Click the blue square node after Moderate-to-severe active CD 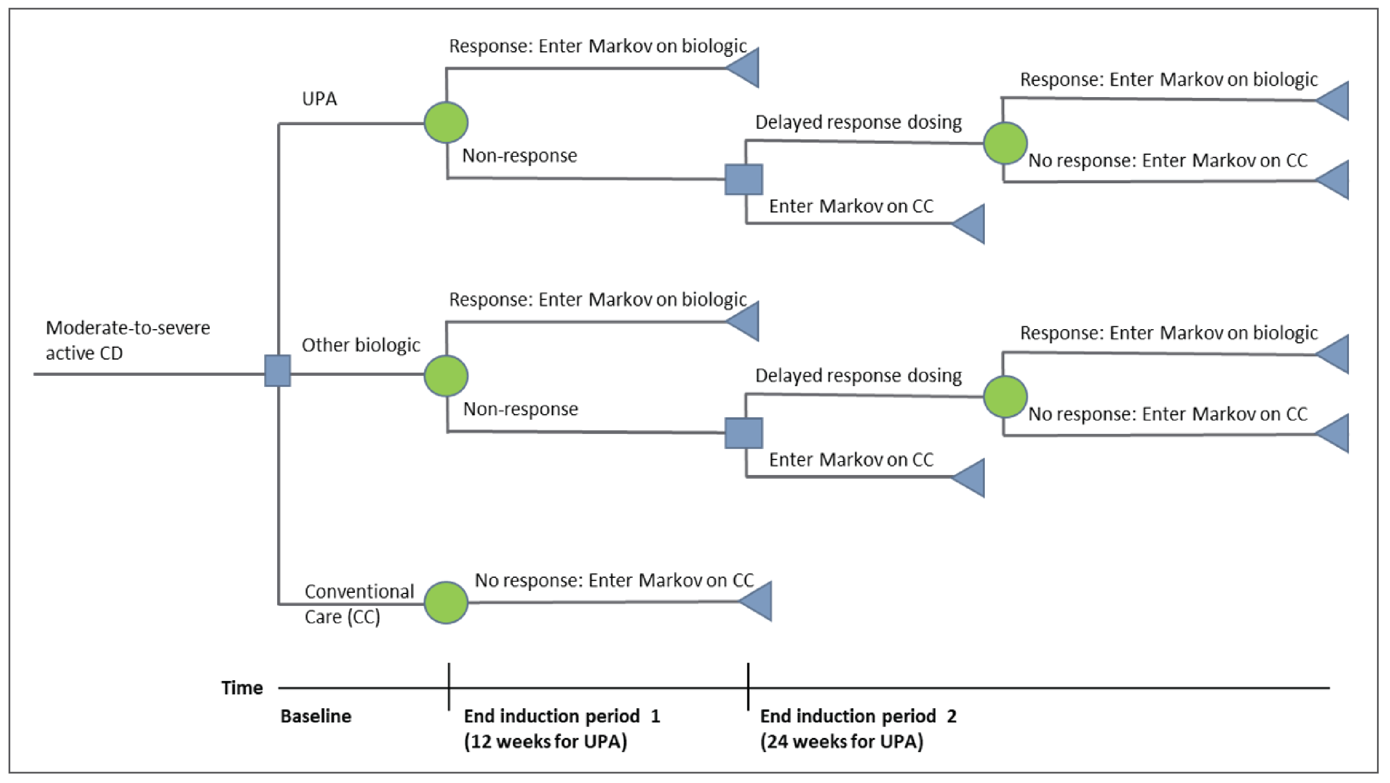[x=277, y=370]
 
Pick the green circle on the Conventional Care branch [x=446, y=602]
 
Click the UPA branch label [x=319, y=99]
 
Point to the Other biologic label [x=361, y=345]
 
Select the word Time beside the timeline [x=242, y=688]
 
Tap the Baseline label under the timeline [x=316, y=716]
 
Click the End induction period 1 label [x=562, y=716]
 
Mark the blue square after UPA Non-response [x=743, y=179]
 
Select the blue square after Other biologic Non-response [x=743, y=433]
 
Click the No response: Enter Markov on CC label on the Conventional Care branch [x=614, y=580]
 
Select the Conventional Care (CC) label [x=358, y=604]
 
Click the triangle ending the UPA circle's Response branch [x=745, y=68]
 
